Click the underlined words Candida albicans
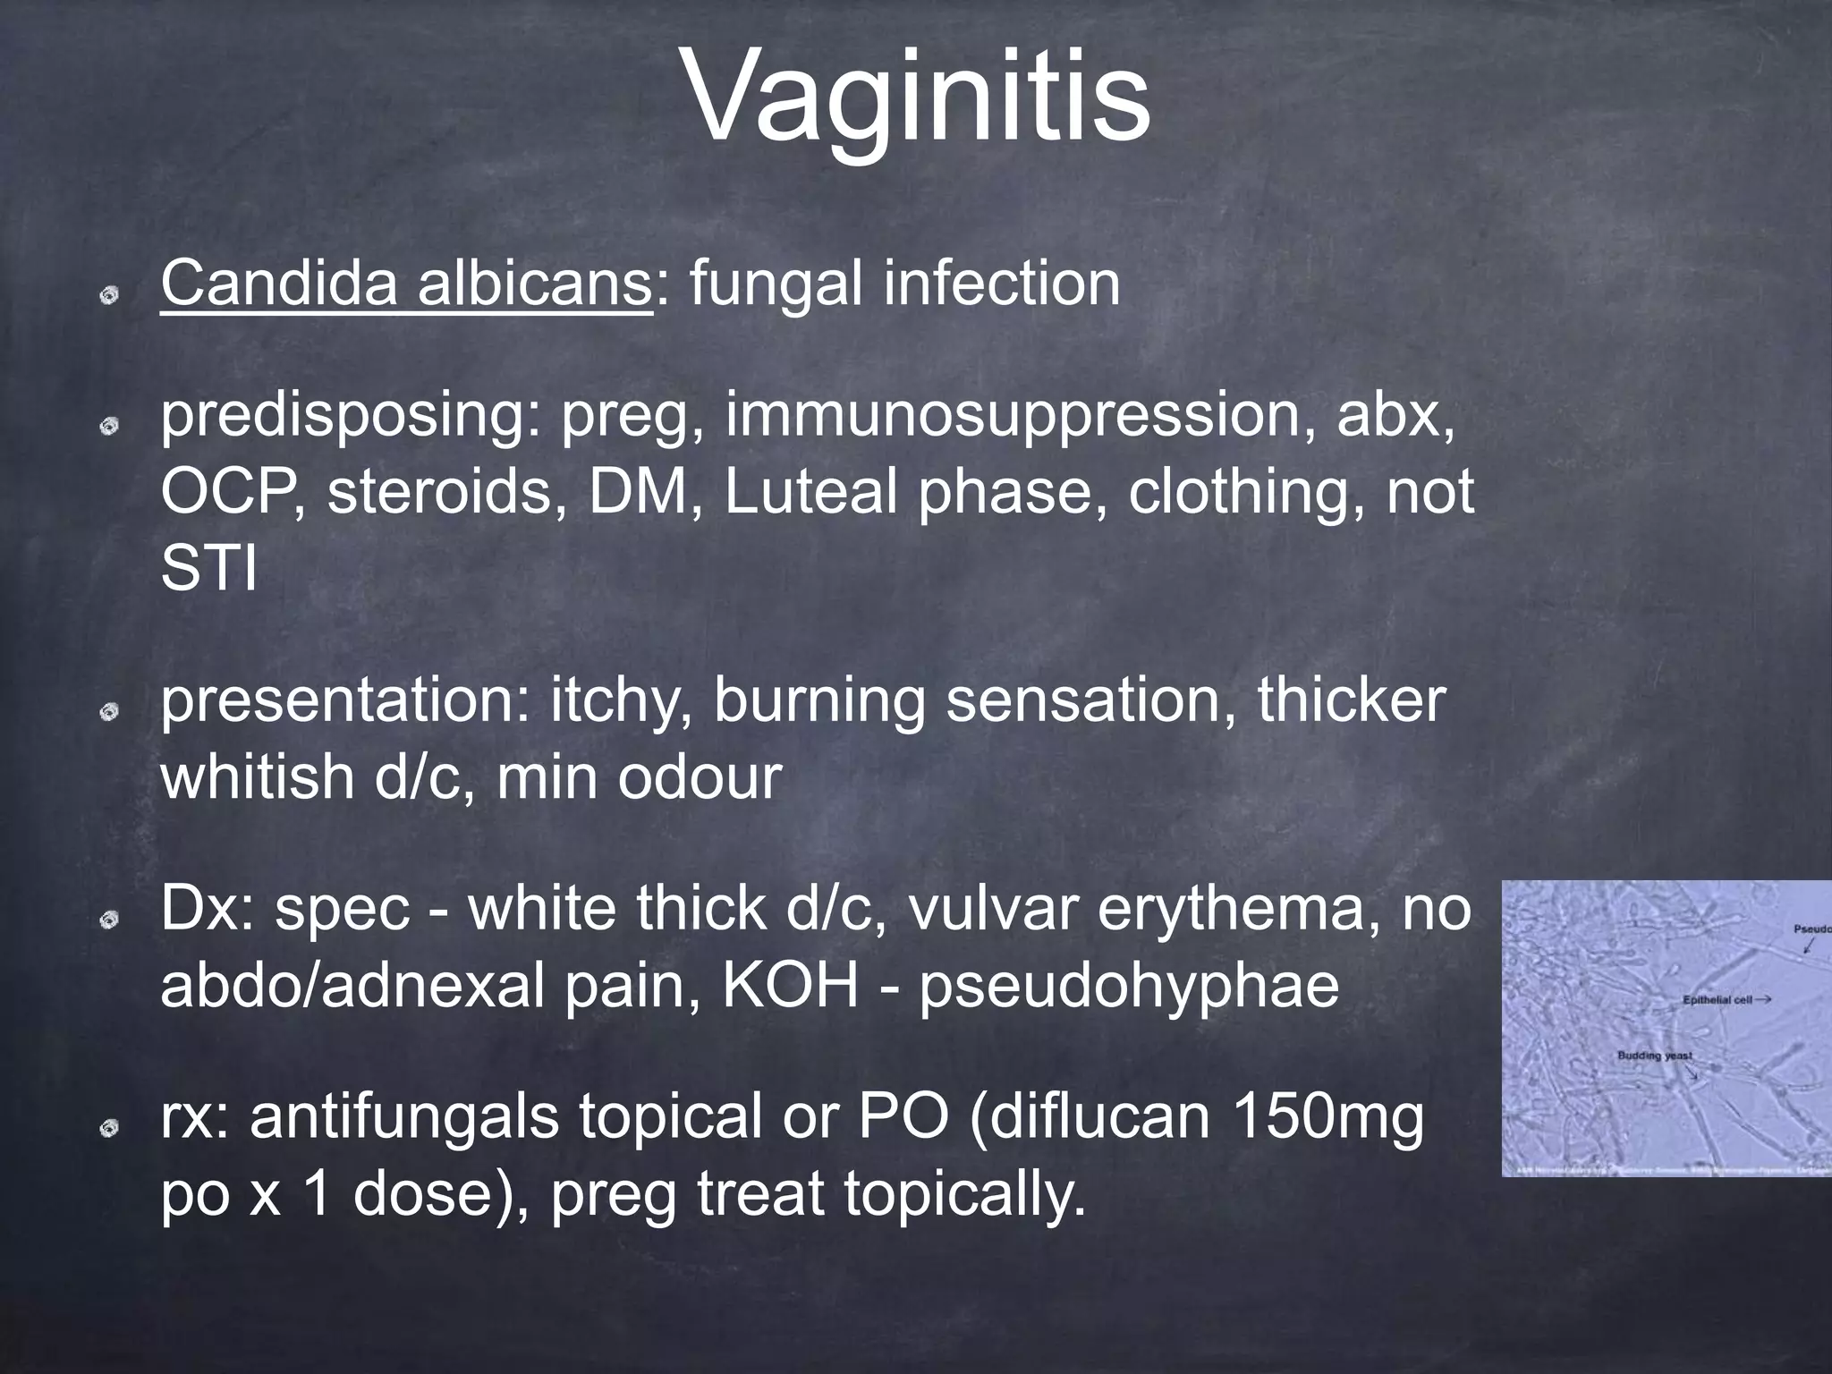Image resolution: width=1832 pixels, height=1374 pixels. point(405,284)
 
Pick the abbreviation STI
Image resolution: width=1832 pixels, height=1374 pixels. point(208,568)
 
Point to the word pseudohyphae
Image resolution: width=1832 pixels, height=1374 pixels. point(1129,986)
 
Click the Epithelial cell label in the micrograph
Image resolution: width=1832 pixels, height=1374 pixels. point(1717,1000)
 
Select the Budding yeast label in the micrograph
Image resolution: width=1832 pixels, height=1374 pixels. point(1655,1056)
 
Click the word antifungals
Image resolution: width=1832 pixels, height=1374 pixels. point(403,1118)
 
